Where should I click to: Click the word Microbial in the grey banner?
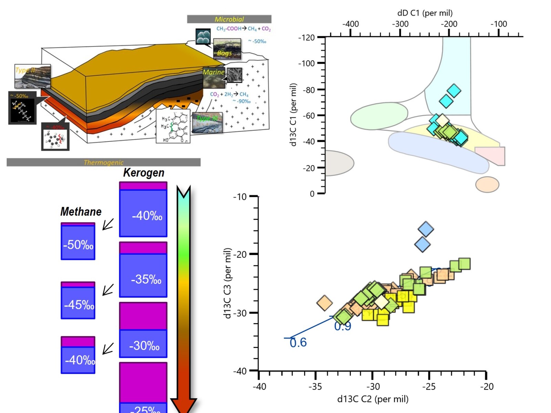click(x=229, y=19)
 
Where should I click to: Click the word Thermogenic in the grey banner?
click(x=103, y=162)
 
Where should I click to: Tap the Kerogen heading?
click(x=144, y=172)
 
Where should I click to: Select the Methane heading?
click(x=81, y=211)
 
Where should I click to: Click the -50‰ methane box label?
click(x=78, y=245)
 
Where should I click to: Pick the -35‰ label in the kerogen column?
click(x=146, y=279)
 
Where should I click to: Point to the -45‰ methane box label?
click(x=79, y=305)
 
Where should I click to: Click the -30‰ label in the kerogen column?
click(x=144, y=346)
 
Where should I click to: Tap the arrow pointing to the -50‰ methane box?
click(x=108, y=224)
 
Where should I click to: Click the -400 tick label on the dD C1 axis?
click(x=350, y=24)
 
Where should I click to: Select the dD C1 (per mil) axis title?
click(x=425, y=13)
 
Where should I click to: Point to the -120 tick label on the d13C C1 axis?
click(x=306, y=37)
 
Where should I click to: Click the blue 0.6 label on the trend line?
click(x=298, y=342)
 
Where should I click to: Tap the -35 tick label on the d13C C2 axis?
click(x=315, y=386)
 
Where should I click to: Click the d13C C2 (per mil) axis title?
click(x=373, y=399)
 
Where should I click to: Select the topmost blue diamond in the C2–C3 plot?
click(x=426, y=229)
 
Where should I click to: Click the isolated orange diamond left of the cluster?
click(x=324, y=303)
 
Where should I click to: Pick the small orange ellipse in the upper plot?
click(x=487, y=184)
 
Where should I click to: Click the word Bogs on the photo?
click(x=224, y=53)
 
